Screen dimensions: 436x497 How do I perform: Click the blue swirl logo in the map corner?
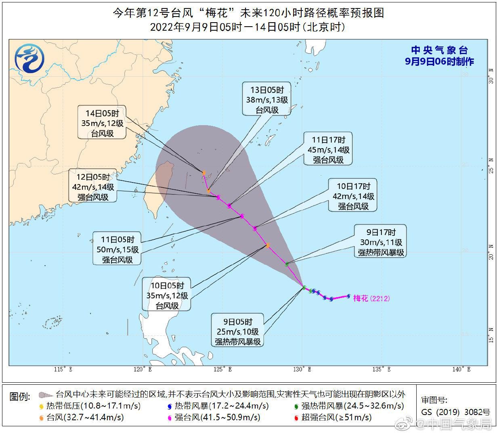(x=29, y=58)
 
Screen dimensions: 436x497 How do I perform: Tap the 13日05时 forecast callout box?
(x=267, y=99)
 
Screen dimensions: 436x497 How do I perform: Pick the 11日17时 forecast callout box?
(x=328, y=150)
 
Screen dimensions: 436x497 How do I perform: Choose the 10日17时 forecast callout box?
(x=353, y=196)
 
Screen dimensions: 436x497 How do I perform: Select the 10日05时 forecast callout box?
(x=167, y=296)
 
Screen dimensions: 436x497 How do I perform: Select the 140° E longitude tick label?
(x=461, y=369)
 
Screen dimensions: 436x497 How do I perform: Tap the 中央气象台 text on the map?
(x=439, y=50)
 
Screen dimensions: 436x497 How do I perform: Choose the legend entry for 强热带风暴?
(x=349, y=406)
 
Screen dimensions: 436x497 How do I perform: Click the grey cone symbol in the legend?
(x=46, y=395)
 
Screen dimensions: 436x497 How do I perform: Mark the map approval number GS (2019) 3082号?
(x=455, y=412)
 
